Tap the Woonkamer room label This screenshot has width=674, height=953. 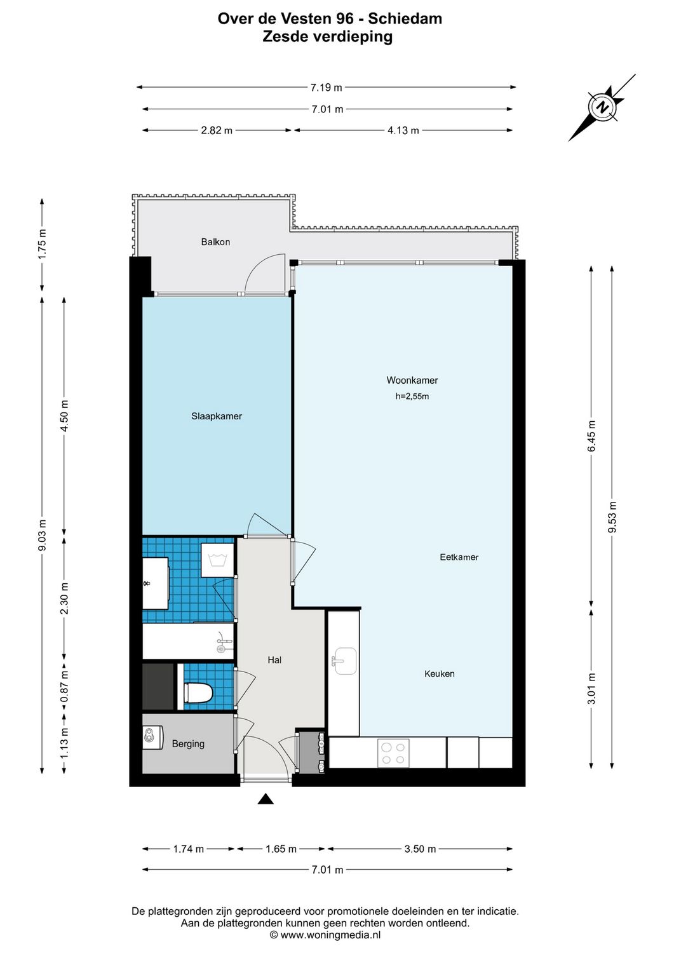(x=412, y=381)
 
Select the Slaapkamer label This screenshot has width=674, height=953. (x=217, y=416)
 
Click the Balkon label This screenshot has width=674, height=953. (x=215, y=242)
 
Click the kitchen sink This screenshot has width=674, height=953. (x=344, y=661)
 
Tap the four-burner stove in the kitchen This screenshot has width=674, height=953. (x=392, y=753)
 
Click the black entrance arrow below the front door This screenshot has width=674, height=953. (x=266, y=799)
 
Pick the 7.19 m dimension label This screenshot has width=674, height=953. (x=327, y=88)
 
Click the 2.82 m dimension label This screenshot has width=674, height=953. (x=217, y=130)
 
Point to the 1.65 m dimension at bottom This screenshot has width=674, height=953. (x=281, y=849)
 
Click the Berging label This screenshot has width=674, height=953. (x=188, y=744)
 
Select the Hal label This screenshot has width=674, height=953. (x=274, y=660)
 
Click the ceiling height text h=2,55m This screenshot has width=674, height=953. (x=412, y=396)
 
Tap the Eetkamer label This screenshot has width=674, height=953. (x=459, y=557)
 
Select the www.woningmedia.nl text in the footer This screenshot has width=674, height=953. (x=330, y=935)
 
